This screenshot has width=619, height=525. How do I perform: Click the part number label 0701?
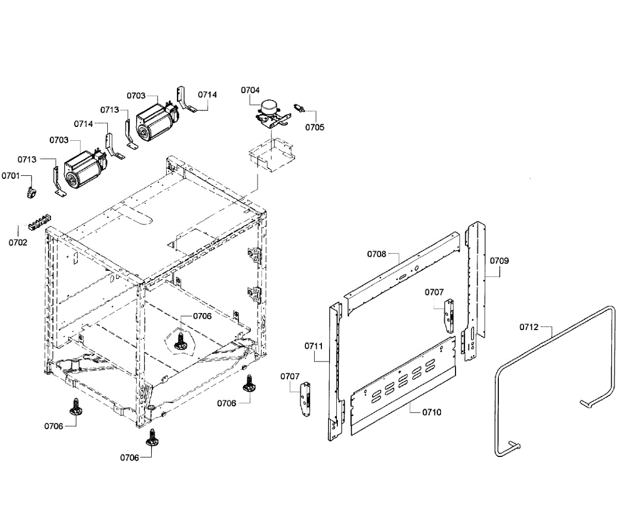click(x=10, y=176)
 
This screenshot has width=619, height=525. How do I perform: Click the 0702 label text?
click(x=18, y=242)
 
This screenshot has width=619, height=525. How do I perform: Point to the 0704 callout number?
click(x=250, y=90)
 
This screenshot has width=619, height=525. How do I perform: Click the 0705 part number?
click(x=315, y=127)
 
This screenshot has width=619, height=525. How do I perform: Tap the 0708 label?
click(x=377, y=254)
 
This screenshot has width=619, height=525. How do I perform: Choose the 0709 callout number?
click(x=499, y=260)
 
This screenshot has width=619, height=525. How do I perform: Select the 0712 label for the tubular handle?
click(x=529, y=327)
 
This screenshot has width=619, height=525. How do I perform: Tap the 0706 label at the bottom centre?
click(x=129, y=457)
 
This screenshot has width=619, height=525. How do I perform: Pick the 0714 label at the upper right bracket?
click(x=207, y=95)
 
